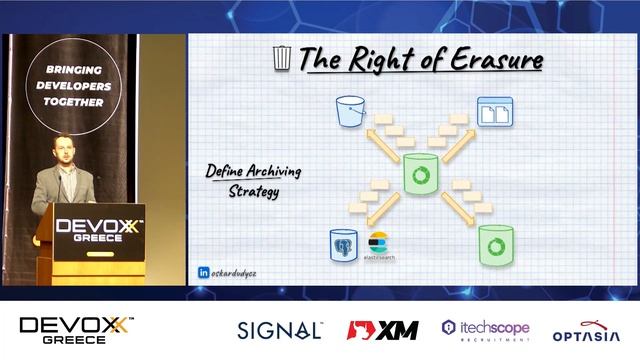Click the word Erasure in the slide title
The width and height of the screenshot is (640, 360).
[x=497, y=60]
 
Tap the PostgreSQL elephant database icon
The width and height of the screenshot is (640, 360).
[x=345, y=244]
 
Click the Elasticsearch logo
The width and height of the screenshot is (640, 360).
[x=378, y=245]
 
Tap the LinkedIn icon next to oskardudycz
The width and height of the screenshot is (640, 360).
[x=204, y=271]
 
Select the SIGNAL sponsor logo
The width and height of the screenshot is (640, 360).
[x=279, y=329]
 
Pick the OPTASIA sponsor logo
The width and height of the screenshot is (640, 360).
[x=587, y=330]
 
